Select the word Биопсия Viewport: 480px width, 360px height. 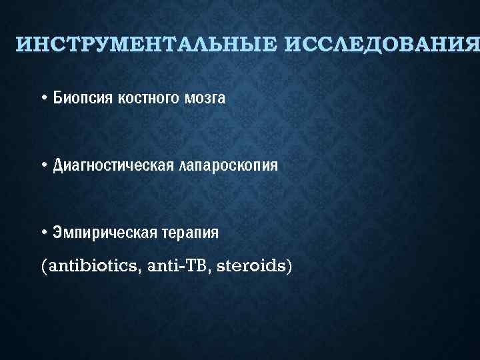[83, 99]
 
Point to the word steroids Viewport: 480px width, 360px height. [251, 266]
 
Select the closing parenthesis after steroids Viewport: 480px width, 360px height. [289, 267]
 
